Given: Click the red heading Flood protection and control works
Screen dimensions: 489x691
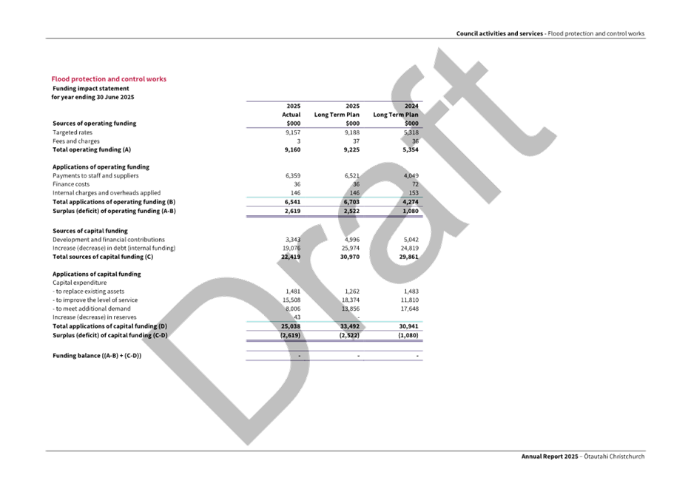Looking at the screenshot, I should [x=109, y=79].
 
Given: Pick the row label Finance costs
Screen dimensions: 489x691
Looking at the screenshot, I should [x=72, y=184].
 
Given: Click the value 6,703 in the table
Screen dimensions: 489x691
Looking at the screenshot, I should [x=350, y=202].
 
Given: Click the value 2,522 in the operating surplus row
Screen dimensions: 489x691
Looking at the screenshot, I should [x=350, y=212].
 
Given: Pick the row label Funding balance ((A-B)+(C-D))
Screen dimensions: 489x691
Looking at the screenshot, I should [x=96, y=356].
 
